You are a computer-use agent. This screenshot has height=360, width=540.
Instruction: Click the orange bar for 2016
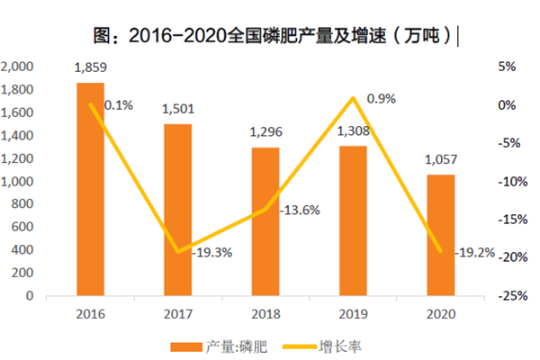[x=90, y=189]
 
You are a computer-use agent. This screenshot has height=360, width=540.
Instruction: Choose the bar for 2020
[x=440, y=235]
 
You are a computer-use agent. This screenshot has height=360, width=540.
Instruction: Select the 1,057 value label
[x=440, y=159]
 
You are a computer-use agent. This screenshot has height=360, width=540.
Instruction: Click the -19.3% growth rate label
[x=212, y=253]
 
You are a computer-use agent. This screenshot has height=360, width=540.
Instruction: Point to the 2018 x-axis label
[x=265, y=313]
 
